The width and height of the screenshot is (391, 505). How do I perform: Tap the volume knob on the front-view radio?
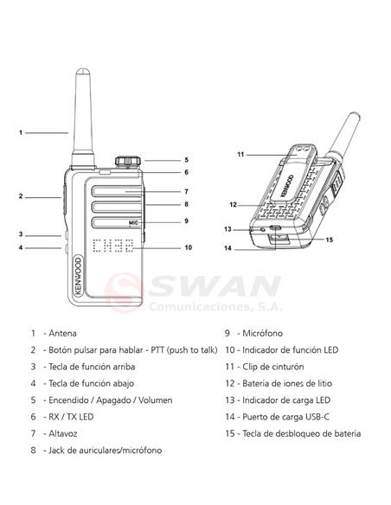tap(128, 161)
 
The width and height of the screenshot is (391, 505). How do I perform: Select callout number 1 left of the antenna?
tap(20, 132)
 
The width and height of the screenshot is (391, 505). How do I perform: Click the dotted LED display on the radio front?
tap(112, 247)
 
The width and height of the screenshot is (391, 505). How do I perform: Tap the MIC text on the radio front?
tap(133, 222)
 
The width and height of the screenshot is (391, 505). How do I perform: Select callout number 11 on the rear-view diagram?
tap(241, 154)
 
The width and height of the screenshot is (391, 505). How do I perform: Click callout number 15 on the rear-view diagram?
tap(329, 240)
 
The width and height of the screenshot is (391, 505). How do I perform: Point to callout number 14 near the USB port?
tap(228, 249)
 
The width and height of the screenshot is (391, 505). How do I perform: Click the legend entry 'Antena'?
tap(61, 333)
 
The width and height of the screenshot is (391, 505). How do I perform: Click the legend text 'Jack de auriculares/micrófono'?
tap(105, 451)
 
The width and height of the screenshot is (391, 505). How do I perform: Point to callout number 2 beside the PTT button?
tap(20, 196)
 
